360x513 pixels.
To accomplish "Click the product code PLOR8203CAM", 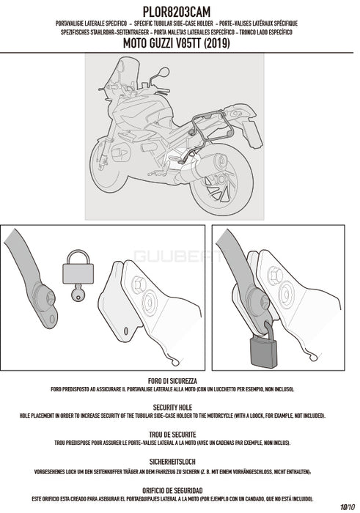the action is coord(177,12).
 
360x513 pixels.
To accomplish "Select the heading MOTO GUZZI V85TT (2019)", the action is coord(177,43).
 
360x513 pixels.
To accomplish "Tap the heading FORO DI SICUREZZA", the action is coord(172,381).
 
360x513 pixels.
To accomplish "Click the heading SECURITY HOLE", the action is coord(172,407).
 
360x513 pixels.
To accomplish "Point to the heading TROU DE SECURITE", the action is coord(172,435).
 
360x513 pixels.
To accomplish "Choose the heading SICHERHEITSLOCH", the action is coord(172,462).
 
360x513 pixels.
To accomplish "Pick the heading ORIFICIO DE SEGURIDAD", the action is coord(172,491).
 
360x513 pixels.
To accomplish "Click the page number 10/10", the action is coord(348,507).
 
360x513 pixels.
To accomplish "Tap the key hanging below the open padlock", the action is coord(78,293).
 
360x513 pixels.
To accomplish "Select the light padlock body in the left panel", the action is coord(78,273).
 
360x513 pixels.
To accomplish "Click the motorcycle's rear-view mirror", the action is coord(164,72).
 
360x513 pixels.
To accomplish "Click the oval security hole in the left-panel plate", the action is coord(126,331).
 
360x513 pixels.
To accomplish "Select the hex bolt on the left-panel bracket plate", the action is coord(139,284).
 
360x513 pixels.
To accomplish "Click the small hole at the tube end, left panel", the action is coord(51,319).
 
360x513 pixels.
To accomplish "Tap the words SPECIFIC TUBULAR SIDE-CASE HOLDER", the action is coord(174,23).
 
